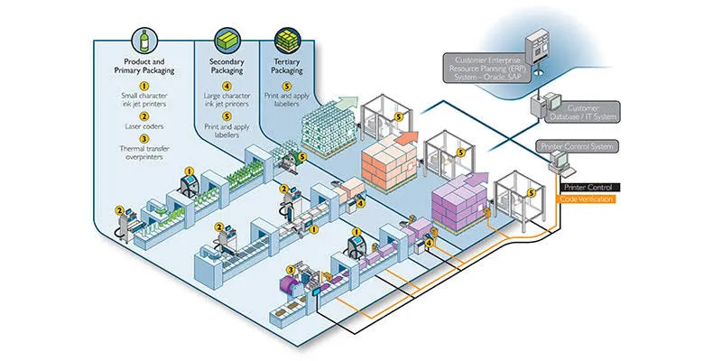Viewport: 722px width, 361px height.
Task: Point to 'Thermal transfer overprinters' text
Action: [143, 158]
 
